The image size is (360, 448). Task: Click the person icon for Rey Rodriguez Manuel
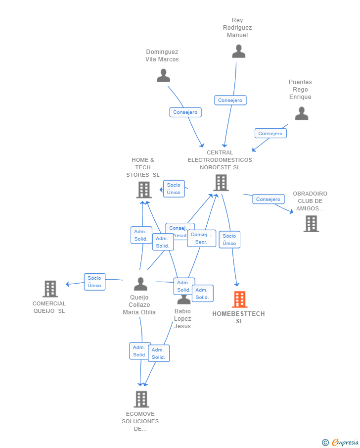pos(239,51)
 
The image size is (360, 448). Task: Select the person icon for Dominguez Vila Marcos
pos(163,76)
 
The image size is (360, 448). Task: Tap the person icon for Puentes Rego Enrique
pos(302,114)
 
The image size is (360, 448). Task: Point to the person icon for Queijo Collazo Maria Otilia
pos(141,284)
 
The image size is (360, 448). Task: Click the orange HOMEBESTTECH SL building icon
pos(239,299)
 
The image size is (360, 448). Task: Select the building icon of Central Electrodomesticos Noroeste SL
pos(221,183)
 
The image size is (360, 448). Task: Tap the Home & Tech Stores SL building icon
pos(144,190)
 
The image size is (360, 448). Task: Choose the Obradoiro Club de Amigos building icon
pos(311,224)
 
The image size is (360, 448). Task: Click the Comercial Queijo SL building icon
pos(50,289)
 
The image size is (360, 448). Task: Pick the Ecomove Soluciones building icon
pos(141,399)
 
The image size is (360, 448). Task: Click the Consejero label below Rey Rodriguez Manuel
pos(230,100)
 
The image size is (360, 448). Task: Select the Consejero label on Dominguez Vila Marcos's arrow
pos(185,112)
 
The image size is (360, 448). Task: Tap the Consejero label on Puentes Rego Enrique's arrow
pos(270,133)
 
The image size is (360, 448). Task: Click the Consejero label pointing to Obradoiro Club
pos(269,199)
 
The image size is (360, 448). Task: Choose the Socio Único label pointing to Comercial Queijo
pos(94,282)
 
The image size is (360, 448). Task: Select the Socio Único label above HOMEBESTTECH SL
pos(229,240)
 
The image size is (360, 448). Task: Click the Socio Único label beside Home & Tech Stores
pos(174,189)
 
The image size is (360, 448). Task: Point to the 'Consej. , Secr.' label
pos(201,238)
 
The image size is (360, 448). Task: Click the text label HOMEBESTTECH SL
pos(239,317)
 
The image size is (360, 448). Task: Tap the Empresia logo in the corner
pos(341,442)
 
